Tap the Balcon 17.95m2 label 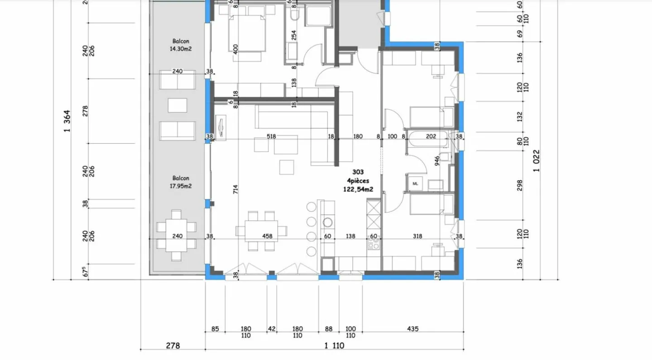click(181, 182)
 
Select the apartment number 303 click(358, 172)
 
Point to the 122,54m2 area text click(358, 190)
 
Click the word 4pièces click(358, 181)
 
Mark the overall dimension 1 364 click(67, 121)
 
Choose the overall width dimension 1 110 click(334, 346)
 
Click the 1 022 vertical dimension click(537, 161)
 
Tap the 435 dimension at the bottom click(412, 329)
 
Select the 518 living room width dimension click(271, 136)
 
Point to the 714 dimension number click(235, 190)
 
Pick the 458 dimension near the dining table click(267, 236)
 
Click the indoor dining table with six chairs click(261, 231)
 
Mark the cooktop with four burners click(374, 245)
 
